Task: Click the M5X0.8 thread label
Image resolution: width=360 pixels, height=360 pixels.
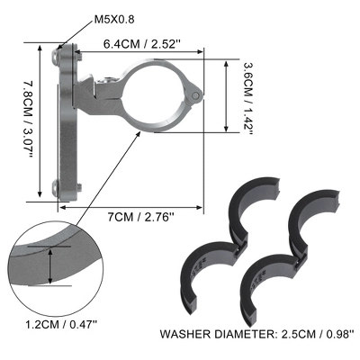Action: coord(114,20)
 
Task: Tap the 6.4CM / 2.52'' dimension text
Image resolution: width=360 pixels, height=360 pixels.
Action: coord(142,44)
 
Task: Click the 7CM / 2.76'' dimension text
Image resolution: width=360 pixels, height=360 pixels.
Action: coord(140,217)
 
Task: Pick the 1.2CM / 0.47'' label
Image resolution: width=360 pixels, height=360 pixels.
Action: coord(61,324)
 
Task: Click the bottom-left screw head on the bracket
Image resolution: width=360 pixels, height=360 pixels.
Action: coord(55,187)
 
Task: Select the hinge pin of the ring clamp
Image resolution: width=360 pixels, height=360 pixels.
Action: coord(195,95)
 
